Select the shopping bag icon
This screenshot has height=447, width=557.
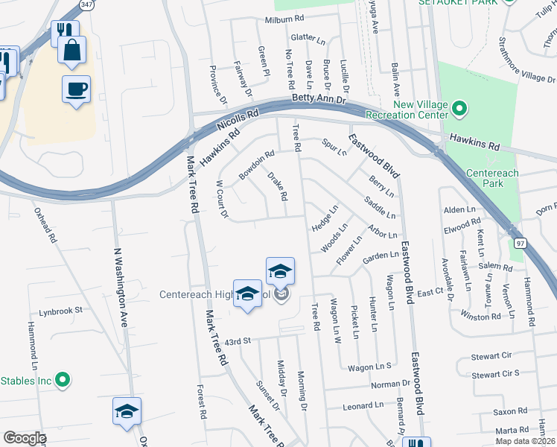pyautogui.click(x=71, y=51)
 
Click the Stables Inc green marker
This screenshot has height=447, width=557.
pyautogui.click(x=63, y=381)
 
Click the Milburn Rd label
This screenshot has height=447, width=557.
pyautogui.click(x=291, y=20)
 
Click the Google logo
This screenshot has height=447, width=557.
pyautogui.click(x=25, y=437)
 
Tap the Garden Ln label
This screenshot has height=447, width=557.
pyautogui.click(x=380, y=257)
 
